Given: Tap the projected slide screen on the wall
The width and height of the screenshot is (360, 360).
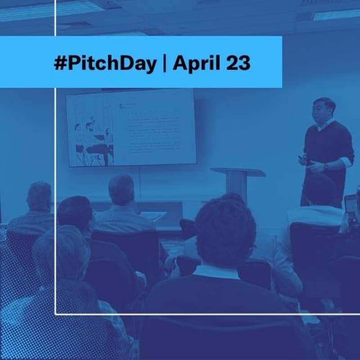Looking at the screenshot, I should coord(131,128).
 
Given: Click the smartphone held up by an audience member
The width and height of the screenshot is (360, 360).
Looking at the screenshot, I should coord(350,207).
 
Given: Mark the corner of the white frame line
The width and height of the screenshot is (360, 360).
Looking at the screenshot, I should coord(55,314).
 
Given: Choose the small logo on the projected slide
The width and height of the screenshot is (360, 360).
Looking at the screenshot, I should coord(121,107).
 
